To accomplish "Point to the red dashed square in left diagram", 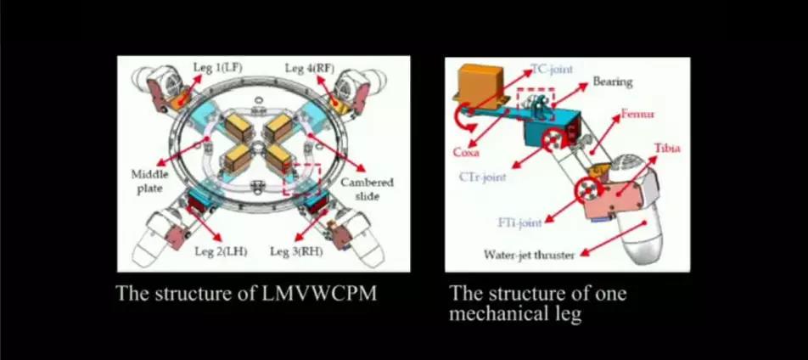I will tap(304, 178).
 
